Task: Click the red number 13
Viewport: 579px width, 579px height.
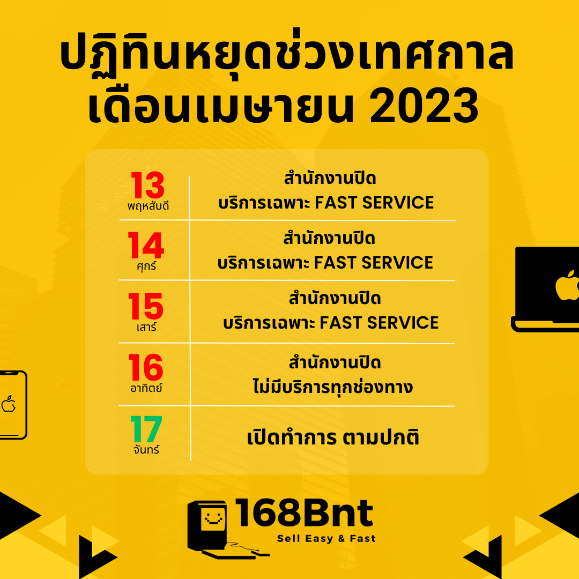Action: pos(148,185)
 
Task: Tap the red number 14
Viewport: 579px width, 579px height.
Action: pos(146,245)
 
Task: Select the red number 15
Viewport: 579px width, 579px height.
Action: pos(145,306)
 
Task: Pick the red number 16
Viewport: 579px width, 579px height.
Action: pos(145,367)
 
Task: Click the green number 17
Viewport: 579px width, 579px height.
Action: pos(146,429)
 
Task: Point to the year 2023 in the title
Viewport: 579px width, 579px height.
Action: pos(424,106)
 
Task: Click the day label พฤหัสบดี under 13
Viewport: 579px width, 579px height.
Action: pos(148,206)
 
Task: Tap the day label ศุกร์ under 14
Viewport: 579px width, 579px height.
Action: pos(146,265)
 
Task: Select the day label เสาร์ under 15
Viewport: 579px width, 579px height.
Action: pos(146,327)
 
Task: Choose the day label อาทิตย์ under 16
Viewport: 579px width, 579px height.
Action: pos(146,388)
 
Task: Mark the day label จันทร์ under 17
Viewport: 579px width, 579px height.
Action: pos(146,449)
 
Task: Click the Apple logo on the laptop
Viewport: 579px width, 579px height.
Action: pos(567,285)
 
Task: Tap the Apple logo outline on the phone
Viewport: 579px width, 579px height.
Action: pos(9,404)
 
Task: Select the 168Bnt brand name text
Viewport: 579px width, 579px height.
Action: pos(303,513)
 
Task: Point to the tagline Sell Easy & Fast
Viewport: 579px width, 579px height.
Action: pos(326,539)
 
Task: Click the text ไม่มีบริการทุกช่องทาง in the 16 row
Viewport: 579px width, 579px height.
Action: pos(332,387)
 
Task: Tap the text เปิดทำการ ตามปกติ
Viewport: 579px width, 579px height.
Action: pos(333,437)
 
